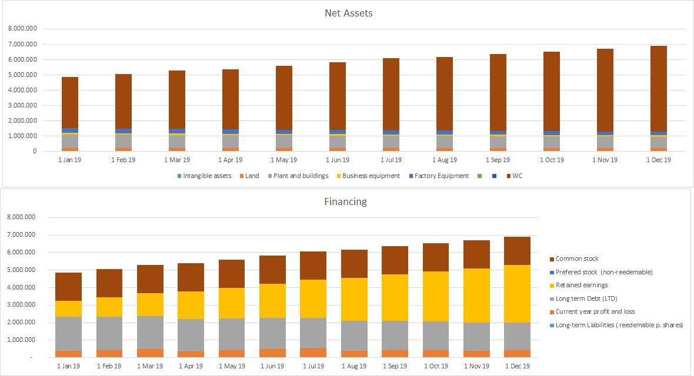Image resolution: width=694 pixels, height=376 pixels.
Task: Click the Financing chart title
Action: [x=345, y=202]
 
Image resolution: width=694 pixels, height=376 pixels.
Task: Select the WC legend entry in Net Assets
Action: [x=516, y=176]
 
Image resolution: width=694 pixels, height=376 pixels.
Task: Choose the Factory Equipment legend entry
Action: [x=441, y=176]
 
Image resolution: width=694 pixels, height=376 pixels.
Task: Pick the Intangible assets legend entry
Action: [x=206, y=176]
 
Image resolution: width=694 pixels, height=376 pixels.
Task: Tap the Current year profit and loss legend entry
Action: [x=595, y=312]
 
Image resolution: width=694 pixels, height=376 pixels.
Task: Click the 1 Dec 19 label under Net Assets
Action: [x=658, y=160]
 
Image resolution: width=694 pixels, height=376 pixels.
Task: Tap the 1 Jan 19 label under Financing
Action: [x=69, y=366]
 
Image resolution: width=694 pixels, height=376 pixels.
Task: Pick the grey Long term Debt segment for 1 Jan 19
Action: [x=69, y=334]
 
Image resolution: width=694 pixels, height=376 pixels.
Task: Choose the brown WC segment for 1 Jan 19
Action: [x=70, y=103]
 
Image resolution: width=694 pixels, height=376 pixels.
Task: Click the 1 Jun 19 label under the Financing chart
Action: [x=272, y=366]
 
